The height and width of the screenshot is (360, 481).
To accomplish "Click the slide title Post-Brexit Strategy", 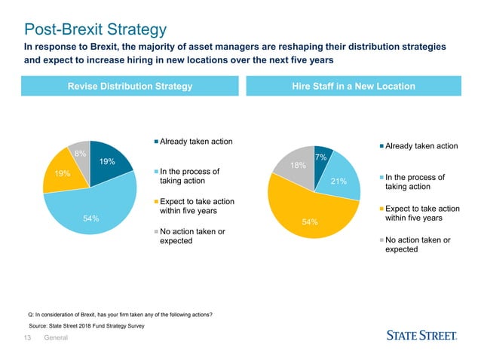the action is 96,29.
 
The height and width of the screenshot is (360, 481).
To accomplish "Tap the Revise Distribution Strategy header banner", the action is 130,86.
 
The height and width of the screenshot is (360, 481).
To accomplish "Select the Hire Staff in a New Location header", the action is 354,86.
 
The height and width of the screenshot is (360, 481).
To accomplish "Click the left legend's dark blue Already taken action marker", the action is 156,142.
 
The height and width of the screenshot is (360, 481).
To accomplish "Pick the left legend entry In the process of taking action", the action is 189,176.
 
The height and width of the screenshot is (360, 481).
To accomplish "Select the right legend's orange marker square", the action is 381,209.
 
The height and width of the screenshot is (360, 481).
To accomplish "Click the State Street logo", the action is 421,335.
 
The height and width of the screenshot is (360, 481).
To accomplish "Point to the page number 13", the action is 27,337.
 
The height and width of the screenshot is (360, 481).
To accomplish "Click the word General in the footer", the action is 56,337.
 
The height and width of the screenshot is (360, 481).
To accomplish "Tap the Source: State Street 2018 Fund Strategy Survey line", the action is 87,326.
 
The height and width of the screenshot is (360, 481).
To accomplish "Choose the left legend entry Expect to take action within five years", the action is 197,206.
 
